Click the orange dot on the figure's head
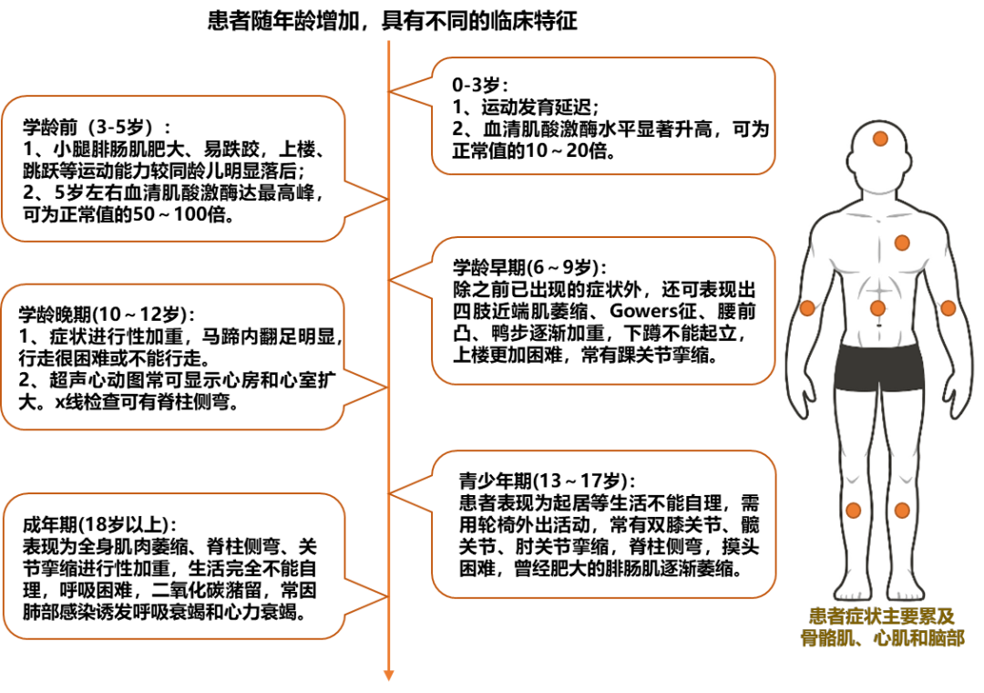tap(880, 139)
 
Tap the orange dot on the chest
tap(902, 243)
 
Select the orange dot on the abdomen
tap(877, 308)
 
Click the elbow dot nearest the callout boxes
tap(807, 308)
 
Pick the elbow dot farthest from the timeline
tap(948, 308)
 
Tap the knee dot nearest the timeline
tap(853, 511)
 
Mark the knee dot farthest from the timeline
tap(902, 511)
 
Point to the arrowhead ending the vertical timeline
tap(388, 676)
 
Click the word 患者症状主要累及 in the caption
tap(881, 617)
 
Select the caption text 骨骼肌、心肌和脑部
tap(881, 638)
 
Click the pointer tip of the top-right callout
tap(390, 91)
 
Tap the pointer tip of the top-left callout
tap(387, 199)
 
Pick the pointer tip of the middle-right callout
tap(390, 279)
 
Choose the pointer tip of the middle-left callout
tap(387, 388)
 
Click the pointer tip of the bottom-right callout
tap(390, 493)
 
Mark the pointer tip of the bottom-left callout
tap(387, 596)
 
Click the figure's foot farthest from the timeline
tap(907, 588)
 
